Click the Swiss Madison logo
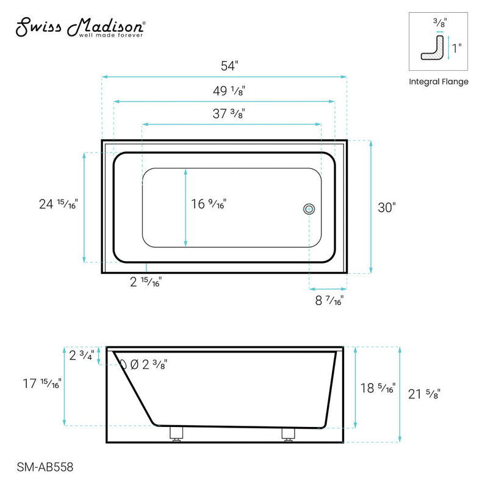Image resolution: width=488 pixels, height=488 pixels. coord(79,27)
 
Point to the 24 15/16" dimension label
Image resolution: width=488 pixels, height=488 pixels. coord(58,204)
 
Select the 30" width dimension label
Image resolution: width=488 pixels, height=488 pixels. coord(387,207)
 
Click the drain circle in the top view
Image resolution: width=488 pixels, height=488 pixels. coord(309,209)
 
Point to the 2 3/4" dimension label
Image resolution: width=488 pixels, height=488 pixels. coord(81,356)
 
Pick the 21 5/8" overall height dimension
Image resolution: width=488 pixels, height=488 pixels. coord(423,394)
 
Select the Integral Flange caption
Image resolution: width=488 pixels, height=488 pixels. coord(438,82)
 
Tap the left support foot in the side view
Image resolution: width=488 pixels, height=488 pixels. coord(176,434)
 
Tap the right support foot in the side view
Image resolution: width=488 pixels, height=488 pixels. coord(287,434)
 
